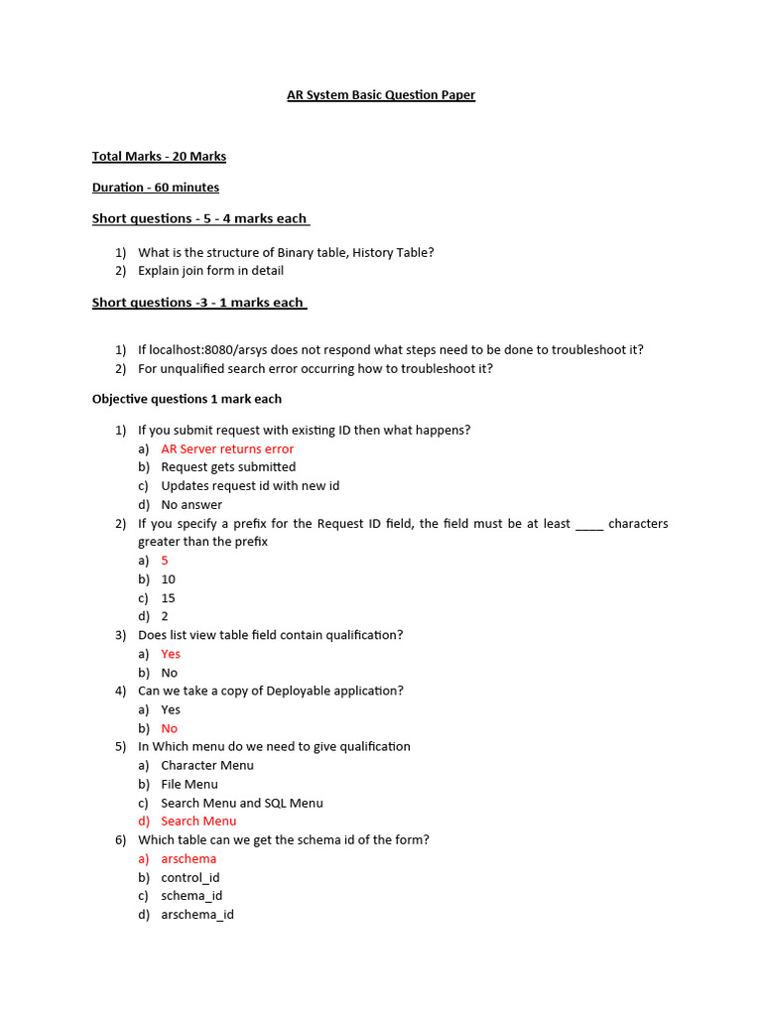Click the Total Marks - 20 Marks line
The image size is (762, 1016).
pos(159,157)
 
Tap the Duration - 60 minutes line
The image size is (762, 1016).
pos(156,188)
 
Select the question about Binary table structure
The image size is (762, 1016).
pos(286,252)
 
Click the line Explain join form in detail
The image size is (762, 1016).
pos(210,271)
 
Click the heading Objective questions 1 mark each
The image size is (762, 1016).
pos(187,399)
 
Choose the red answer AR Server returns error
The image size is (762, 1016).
pos(227,448)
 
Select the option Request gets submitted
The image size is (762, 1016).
pos(228,467)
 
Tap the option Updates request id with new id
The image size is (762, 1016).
pos(250,486)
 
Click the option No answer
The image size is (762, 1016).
pos(191,505)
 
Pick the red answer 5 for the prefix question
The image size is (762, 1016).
pos(165,561)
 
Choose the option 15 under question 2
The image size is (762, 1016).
pos(168,598)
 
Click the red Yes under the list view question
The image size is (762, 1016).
pos(171,654)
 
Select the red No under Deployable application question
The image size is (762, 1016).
pos(169,728)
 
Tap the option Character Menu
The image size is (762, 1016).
pos(207,766)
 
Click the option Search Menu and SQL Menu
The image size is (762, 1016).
pos(241,804)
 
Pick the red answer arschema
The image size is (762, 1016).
pos(189,859)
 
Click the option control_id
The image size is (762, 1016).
pos(190,878)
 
